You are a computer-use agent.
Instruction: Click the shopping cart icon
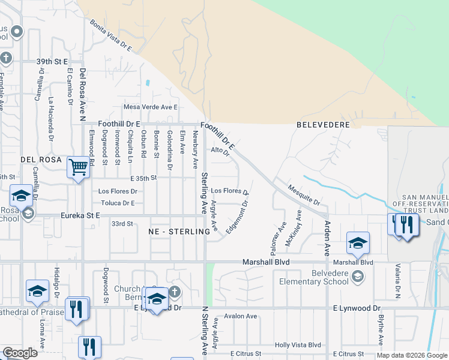78,167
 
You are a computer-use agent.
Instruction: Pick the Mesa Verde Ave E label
151,107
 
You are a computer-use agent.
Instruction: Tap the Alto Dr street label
220,152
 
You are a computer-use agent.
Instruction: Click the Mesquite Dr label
303,194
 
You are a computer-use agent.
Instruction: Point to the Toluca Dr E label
117,203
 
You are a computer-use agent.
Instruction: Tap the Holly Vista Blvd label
298,345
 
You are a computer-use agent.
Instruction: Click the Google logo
20,353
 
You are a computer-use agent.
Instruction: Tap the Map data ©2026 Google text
412,355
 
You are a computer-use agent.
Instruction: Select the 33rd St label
122,224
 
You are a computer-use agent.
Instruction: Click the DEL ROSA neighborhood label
41,160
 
